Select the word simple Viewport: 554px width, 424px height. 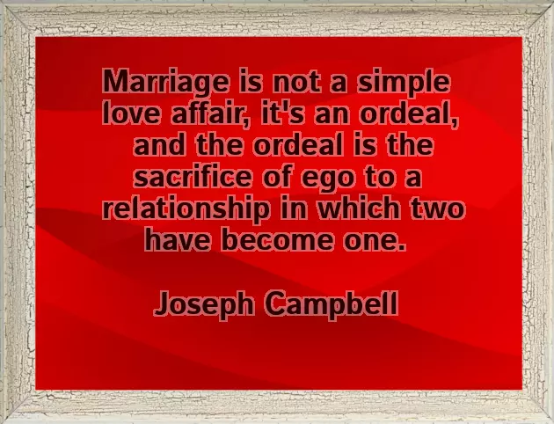(x=405, y=84)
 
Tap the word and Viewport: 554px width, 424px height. (x=157, y=145)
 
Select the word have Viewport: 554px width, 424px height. (x=174, y=239)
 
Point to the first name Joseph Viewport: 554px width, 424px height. (x=204, y=305)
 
